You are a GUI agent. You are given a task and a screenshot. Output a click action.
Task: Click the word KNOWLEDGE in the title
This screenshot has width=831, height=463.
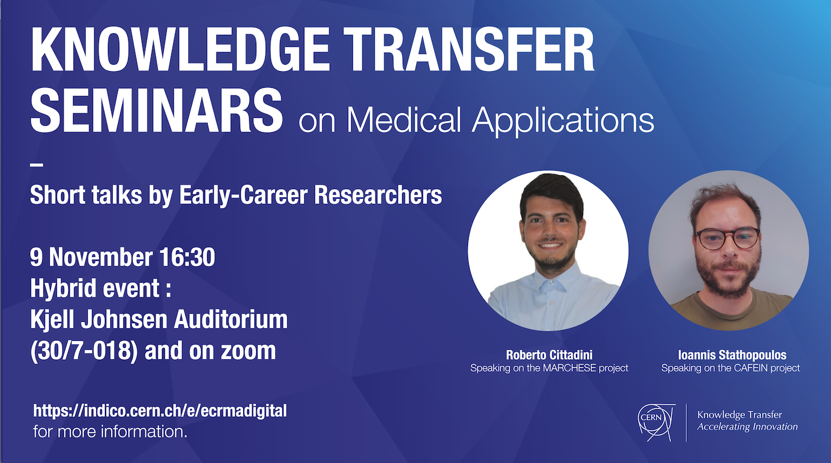click(177, 49)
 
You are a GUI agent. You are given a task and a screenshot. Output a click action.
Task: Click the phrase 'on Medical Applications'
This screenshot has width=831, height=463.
click(476, 120)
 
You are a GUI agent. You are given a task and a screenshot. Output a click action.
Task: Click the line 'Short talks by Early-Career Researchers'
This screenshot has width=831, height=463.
click(236, 195)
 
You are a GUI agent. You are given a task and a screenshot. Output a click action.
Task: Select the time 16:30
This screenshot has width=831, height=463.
click(187, 257)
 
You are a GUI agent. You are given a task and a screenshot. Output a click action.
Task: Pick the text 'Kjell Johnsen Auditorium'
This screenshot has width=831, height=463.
click(159, 320)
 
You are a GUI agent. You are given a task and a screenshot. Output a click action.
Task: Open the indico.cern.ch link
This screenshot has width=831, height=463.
click(160, 411)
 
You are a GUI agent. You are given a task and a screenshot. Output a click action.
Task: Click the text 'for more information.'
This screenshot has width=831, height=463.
click(110, 431)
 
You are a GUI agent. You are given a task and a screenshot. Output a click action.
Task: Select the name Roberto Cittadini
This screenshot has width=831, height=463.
click(549, 355)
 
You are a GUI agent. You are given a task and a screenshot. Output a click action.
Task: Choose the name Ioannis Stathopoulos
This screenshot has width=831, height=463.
click(731, 355)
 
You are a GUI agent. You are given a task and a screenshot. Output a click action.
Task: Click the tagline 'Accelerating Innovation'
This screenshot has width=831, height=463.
click(747, 427)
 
